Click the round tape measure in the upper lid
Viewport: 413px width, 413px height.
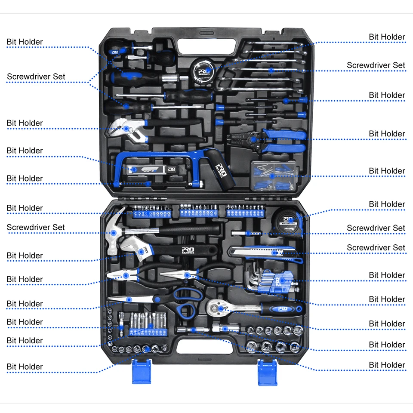point(203,68)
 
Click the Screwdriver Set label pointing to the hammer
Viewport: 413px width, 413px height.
point(35,227)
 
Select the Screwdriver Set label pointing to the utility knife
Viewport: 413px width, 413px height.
point(376,247)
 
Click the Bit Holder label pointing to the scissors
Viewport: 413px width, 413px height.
point(25,303)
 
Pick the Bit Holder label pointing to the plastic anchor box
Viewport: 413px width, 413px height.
point(387,171)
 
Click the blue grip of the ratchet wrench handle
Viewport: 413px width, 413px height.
point(282,308)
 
